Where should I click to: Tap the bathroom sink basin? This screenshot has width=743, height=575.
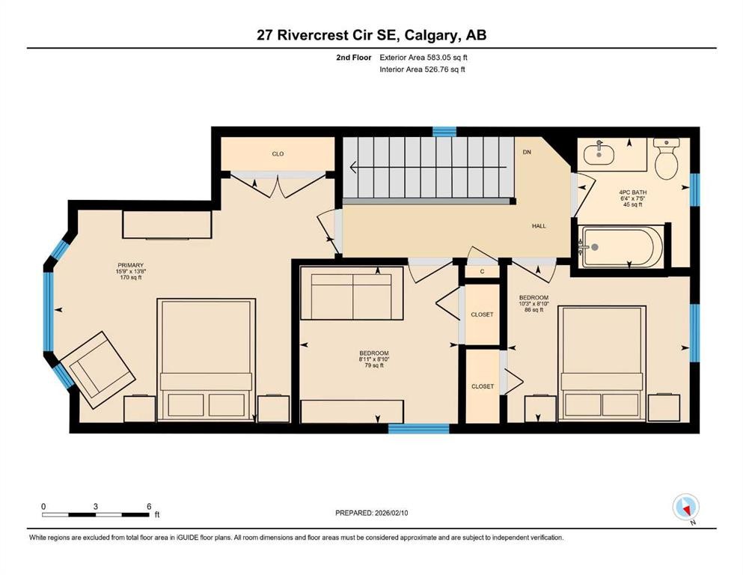pyautogui.click(x=599, y=154)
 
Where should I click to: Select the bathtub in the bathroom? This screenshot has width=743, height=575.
pyautogui.click(x=619, y=247)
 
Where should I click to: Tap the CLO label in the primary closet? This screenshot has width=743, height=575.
pyautogui.click(x=278, y=153)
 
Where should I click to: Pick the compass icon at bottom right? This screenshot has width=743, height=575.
pyautogui.click(x=685, y=508)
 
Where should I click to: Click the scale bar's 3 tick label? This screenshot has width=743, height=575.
pyautogui.click(x=96, y=506)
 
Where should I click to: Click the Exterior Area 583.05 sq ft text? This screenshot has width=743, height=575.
pyautogui.click(x=424, y=57)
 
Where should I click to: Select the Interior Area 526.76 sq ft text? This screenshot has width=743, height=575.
pyautogui.click(x=424, y=70)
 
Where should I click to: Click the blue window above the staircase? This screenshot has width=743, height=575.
pyautogui.click(x=444, y=131)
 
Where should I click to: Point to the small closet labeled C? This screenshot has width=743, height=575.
pyautogui.click(x=483, y=271)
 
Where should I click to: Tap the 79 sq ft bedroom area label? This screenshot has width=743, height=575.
pyautogui.click(x=373, y=365)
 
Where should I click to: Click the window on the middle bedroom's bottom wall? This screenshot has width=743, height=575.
pyautogui.click(x=418, y=429)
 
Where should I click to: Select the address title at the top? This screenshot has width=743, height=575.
pyautogui.click(x=371, y=34)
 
